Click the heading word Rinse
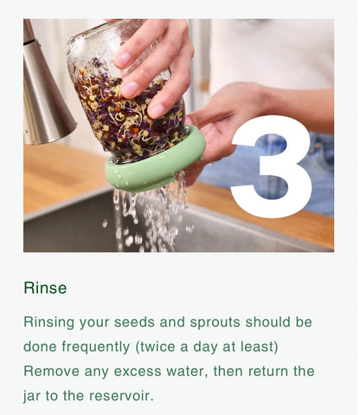coord(45,288)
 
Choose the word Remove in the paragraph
coord(51,370)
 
